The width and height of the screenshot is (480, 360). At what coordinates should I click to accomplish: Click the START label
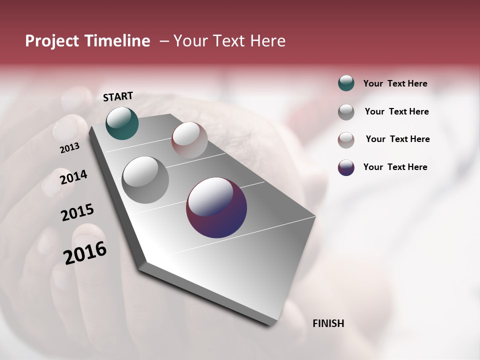pos(118,96)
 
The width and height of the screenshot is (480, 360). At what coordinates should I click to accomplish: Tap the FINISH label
pos(328,323)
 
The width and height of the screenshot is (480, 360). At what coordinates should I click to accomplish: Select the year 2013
pos(69,148)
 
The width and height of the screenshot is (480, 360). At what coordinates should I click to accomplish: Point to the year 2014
pos(73,177)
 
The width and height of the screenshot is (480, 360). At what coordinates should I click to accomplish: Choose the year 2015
pos(77,212)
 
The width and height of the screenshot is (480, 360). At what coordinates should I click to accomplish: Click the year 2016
pos(85,253)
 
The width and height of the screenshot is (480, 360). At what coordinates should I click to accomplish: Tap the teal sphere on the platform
pos(122,123)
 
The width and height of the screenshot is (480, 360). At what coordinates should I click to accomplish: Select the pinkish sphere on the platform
pos(189,140)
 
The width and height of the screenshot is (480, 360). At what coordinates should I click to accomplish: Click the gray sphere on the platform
pos(145,180)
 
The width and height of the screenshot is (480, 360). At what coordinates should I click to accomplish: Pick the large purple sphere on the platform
pos(216,207)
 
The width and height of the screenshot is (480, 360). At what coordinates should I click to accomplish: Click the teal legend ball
pos(346,83)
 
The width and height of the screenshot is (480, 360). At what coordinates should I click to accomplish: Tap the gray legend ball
pos(346,112)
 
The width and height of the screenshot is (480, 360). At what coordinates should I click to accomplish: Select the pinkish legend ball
pos(346,140)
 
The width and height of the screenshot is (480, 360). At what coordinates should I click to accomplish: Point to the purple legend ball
pos(346,167)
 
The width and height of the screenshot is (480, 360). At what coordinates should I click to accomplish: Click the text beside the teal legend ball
pos(395,83)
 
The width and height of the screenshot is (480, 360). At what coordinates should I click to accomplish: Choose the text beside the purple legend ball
pos(395,167)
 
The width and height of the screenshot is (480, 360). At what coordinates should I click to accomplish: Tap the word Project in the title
pos(51,41)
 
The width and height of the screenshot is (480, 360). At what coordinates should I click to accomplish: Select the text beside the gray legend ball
pos(396,111)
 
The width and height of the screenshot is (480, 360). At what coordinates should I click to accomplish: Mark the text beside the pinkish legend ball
pos(397,139)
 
